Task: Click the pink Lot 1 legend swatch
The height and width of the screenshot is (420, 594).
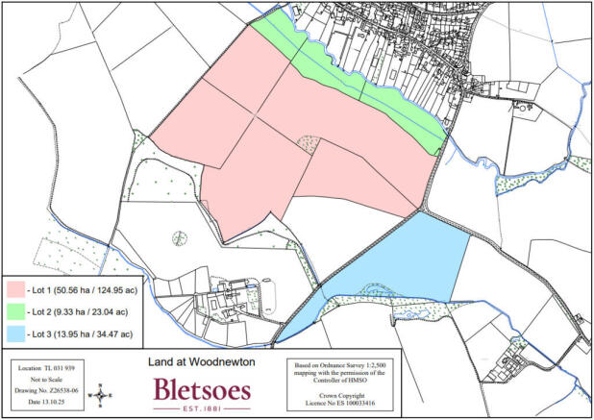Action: click(x=17, y=288)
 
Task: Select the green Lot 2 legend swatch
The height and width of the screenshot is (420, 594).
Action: click(x=17, y=311)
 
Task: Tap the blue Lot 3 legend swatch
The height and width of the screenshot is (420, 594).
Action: click(x=17, y=334)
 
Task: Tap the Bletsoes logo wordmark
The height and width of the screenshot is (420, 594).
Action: click(x=201, y=388)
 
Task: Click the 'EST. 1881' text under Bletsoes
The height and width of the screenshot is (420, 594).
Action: click(x=201, y=408)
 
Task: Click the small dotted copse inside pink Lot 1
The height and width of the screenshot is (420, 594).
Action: click(x=308, y=144)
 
